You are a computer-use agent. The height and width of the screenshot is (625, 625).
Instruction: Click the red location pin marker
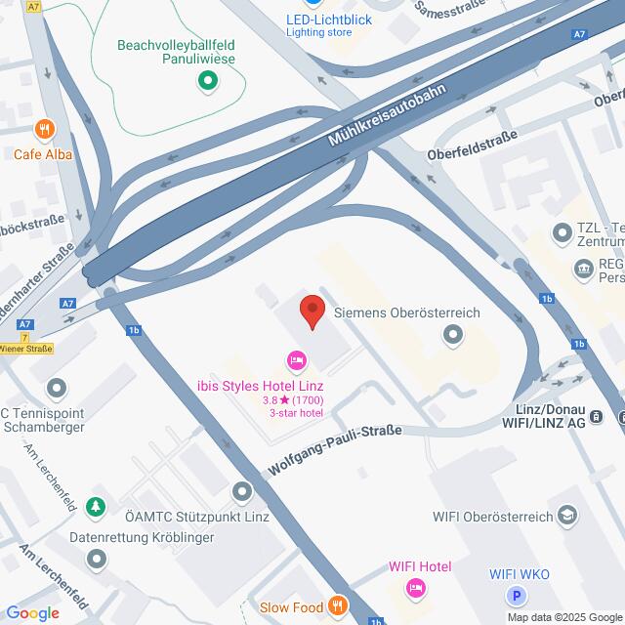coord(311,311)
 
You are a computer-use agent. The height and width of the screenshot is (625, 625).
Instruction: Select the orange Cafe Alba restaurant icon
coord(43,129)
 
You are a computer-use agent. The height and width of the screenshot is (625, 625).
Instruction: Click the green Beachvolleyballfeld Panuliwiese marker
coord(206,83)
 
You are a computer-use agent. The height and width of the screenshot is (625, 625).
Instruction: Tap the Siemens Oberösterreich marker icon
coord(451,337)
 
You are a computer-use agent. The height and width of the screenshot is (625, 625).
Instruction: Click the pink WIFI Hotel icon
coord(415,588)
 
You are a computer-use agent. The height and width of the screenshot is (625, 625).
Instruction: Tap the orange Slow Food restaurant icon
coord(338,607)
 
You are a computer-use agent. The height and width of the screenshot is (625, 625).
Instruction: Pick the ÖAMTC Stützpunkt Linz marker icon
coord(241,490)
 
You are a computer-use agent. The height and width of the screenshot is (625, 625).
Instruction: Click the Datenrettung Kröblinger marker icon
coord(96,560)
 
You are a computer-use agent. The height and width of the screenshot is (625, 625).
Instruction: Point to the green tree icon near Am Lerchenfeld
coord(95,506)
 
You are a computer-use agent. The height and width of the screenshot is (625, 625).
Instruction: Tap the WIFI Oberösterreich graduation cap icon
coord(567,517)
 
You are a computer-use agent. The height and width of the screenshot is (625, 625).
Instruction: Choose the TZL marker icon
coord(562,232)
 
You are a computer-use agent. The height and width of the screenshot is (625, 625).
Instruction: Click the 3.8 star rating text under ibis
coord(293,399)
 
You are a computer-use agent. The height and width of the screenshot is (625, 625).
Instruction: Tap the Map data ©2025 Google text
coord(564,617)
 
